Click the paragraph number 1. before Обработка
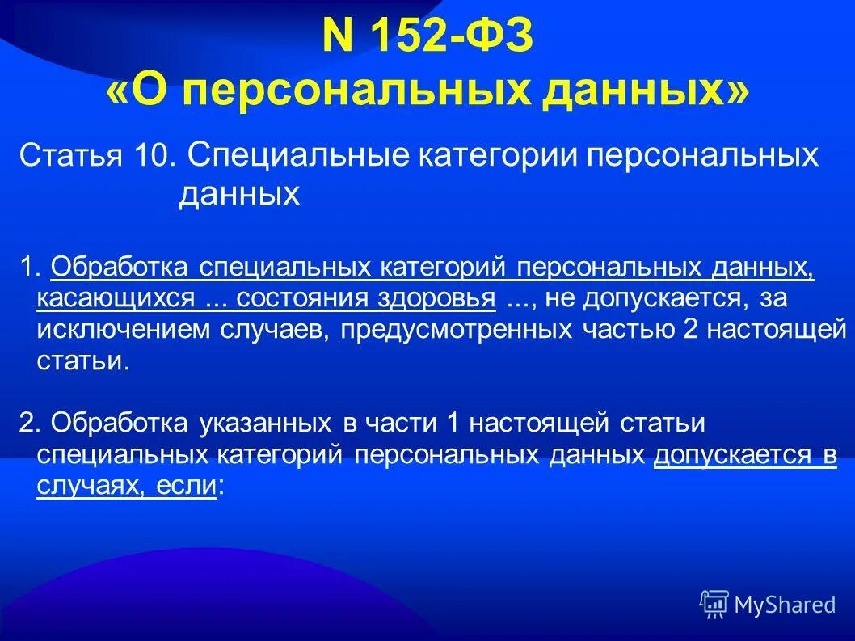tap(28, 267)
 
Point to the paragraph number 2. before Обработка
tap(28, 423)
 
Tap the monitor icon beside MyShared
tap(714, 604)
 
